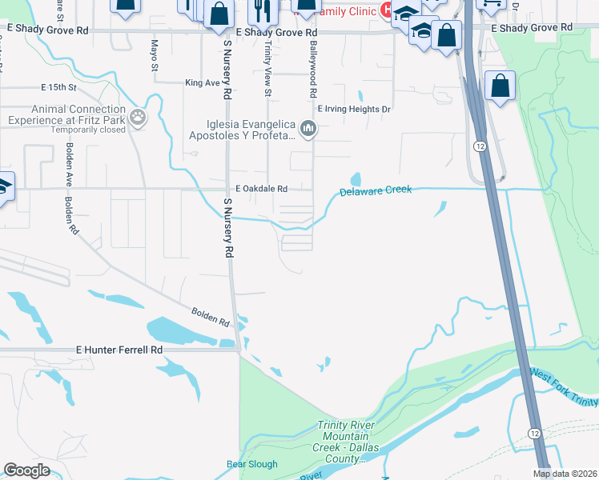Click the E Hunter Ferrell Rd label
click(x=119, y=350)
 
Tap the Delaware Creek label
click(x=375, y=191)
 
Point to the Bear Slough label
click(x=251, y=464)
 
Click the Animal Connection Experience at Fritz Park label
click(x=67, y=115)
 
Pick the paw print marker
click(x=139, y=118)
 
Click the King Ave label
click(x=202, y=82)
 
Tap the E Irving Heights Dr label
click(x=354, y=109)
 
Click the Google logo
click(x=27, y=470)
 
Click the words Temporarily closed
click(x=89, y=130)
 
